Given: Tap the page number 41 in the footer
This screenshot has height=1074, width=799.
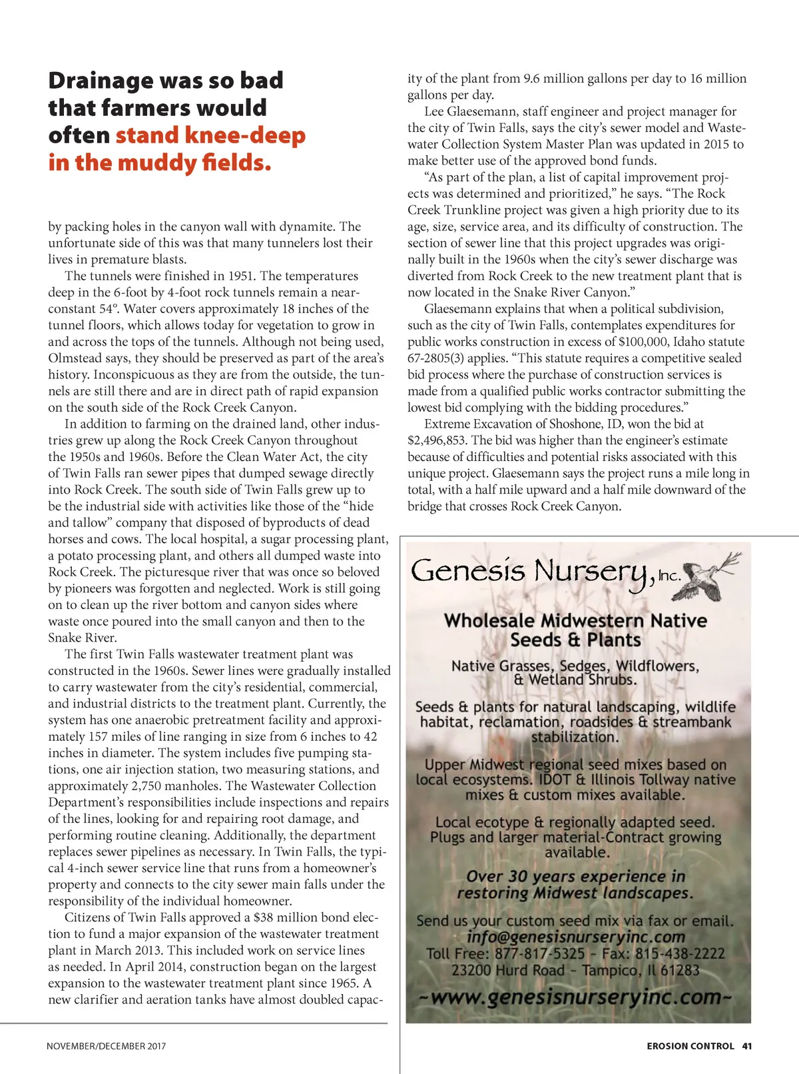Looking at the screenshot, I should point(747,1046).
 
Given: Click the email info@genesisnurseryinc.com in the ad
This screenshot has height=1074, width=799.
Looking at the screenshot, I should point(575,937).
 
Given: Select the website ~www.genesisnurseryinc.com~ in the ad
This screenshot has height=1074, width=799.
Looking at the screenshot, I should point(576,997).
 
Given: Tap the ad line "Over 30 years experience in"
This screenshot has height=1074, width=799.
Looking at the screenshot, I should point(575,877).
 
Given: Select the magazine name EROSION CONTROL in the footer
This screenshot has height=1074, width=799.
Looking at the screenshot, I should point(690,1046).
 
